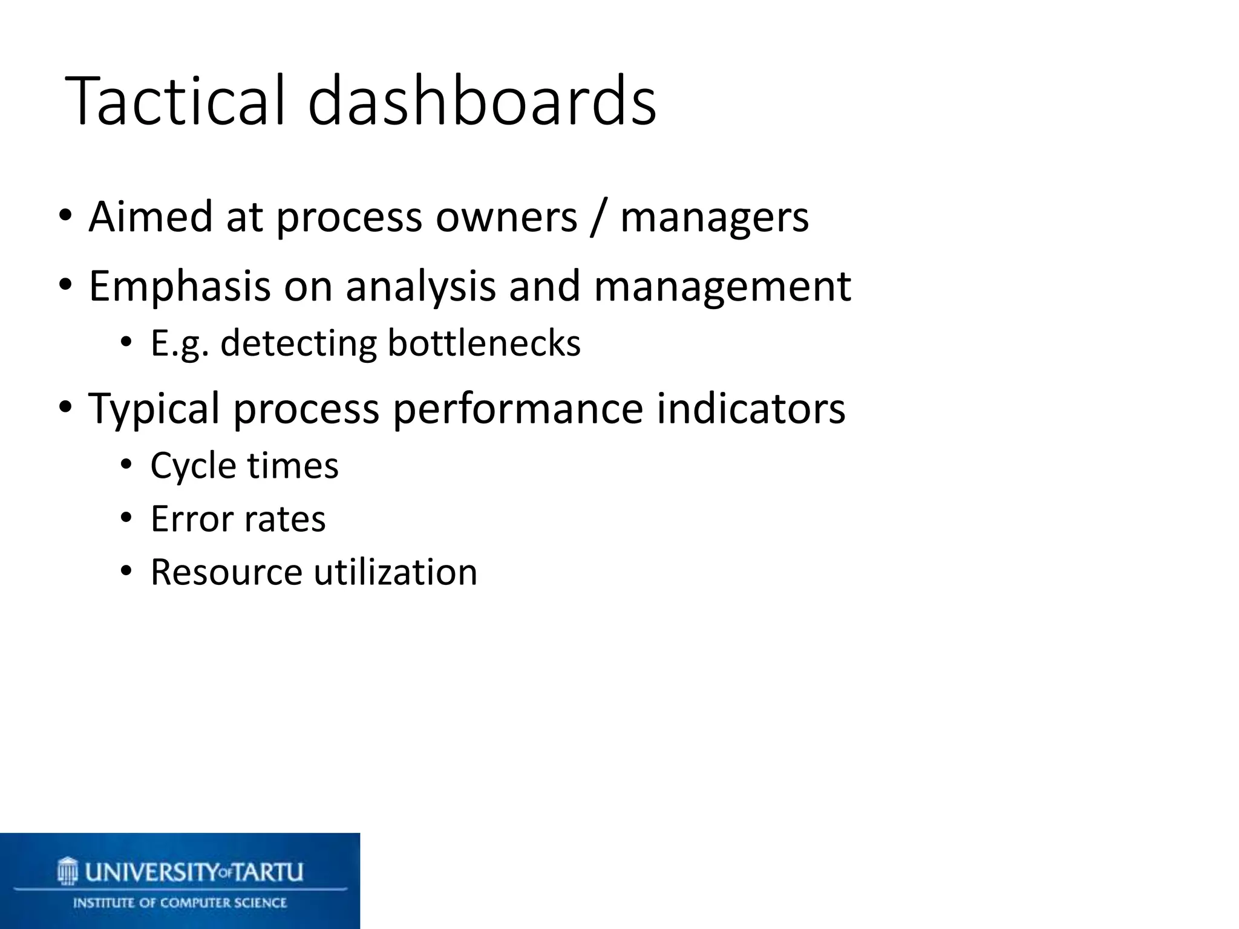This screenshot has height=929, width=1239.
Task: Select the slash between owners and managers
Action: (x=598, y=218)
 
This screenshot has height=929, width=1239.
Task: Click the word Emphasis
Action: (x=179, y=287)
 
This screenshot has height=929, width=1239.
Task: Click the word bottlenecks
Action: (x=484, y=344)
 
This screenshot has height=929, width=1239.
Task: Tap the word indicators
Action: (x=751, y=409)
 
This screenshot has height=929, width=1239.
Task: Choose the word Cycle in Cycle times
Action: (x=193, y=467)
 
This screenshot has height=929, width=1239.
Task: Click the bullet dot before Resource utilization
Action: (x=126, y=571)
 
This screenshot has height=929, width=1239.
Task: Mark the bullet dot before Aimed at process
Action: (x=65, y=215)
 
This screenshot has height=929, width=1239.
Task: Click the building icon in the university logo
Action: (x=68, y=872)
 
